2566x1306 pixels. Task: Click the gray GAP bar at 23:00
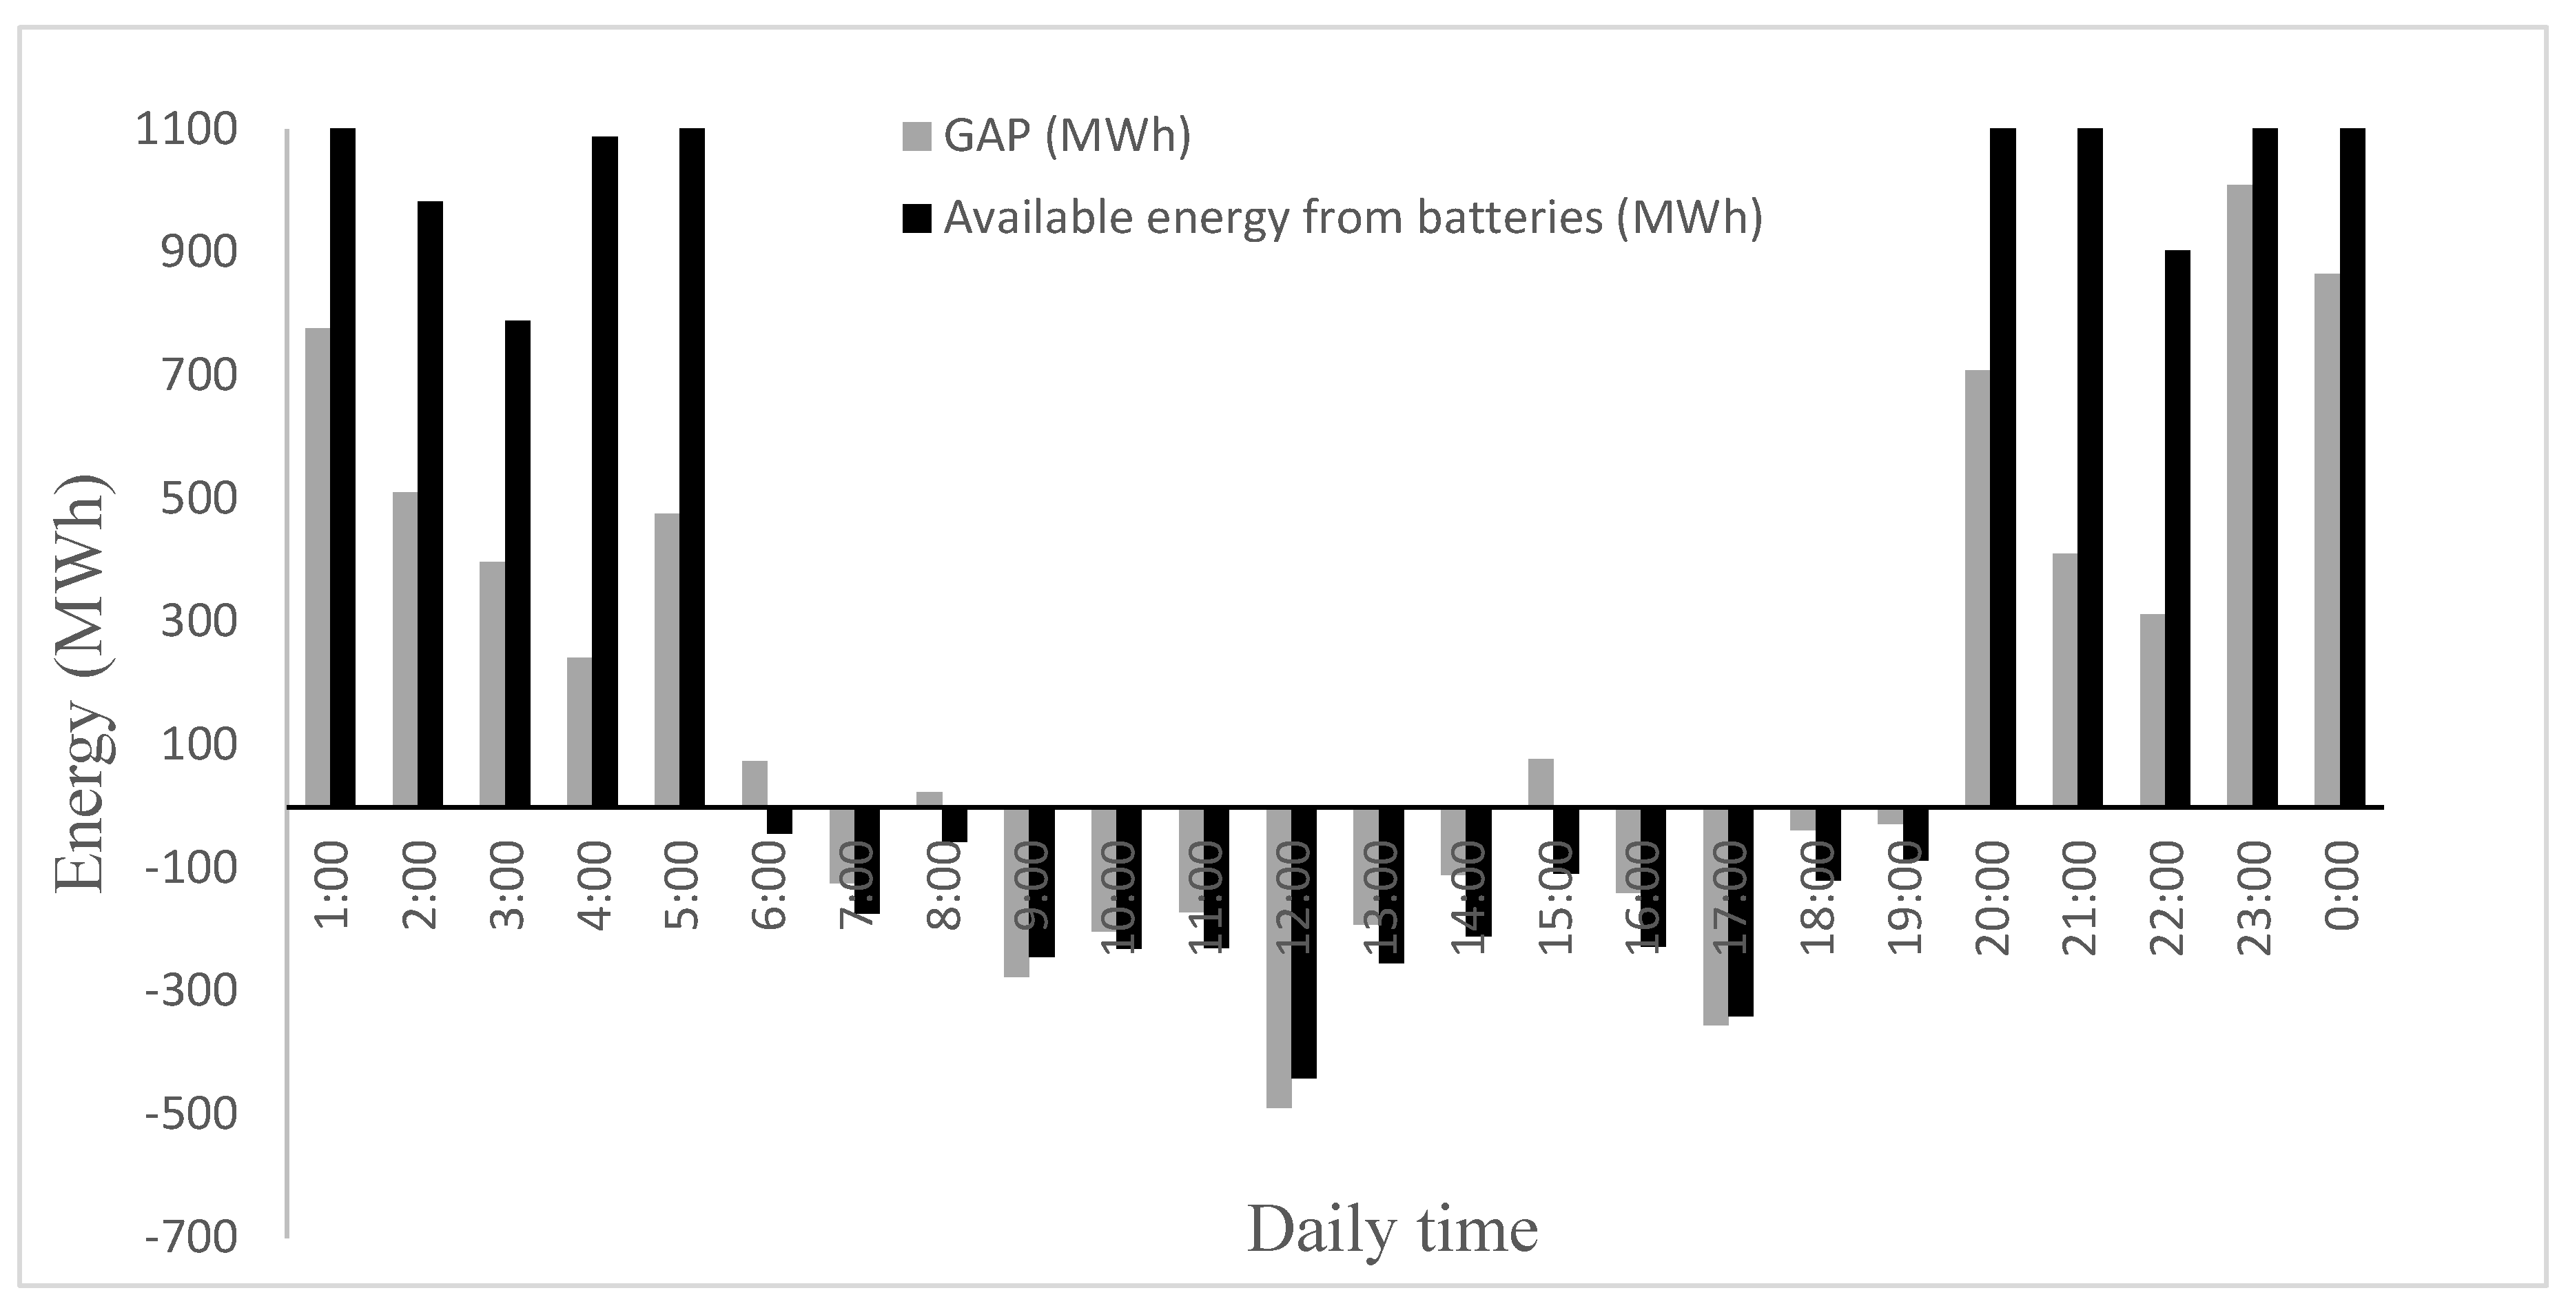2239,495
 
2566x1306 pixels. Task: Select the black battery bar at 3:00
517,563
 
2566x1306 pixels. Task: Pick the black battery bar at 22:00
2177,528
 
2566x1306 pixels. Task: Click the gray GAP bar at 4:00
579,731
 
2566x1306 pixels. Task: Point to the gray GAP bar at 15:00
1541,782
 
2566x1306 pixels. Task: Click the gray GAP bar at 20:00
1978,588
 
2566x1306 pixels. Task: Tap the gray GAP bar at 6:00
754,783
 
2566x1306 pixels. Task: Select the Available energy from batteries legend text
1352,217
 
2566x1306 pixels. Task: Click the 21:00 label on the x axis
2078,897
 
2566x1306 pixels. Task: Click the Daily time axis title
1392,1230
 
